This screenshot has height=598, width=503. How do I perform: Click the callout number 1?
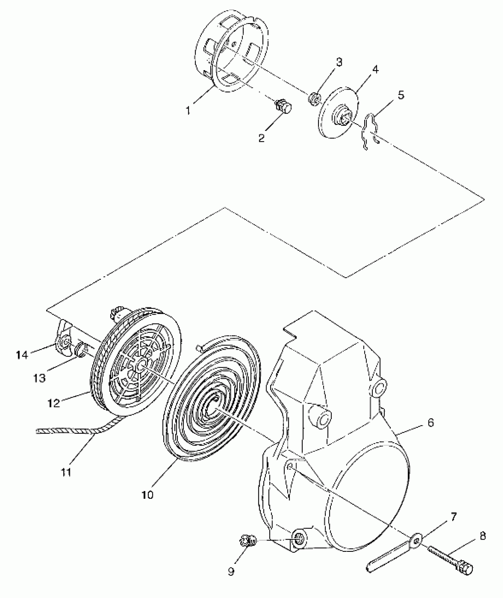point(188,111)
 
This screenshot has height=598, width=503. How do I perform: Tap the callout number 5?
point(401,95)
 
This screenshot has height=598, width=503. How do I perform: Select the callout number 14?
point(22,354)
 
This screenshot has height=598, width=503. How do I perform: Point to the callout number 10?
point(148,494)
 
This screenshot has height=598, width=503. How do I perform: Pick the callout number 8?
point(483,536)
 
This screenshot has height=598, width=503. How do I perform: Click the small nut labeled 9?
point(246,541)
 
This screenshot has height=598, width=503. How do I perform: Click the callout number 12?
point(54,403)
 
